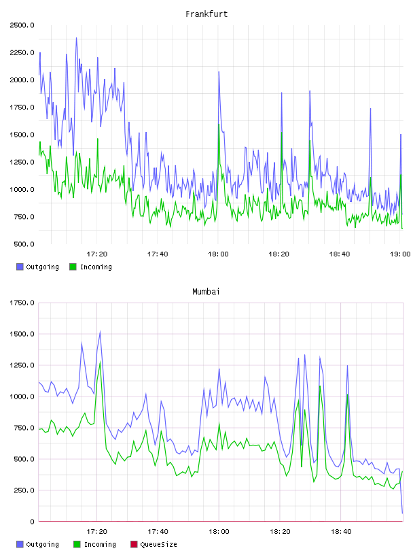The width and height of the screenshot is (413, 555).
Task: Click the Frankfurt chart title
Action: click(x=206, y=14)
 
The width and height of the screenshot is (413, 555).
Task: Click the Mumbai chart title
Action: click(x=206, y=291)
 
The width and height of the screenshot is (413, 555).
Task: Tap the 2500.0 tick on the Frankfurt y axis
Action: click(x=22, y=25)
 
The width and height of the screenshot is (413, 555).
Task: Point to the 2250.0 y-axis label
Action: click(x=22, y=52)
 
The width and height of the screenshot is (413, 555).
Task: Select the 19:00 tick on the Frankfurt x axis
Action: click(x=400, y=254)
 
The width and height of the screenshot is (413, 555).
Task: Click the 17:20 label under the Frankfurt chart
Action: click(x=97, y=254)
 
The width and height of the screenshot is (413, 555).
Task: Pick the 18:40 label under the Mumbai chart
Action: click(x=341, y=531)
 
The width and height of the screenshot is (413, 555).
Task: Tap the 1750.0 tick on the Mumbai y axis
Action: click(x=22, y=303)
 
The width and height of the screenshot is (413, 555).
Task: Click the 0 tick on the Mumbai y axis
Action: click(x=32, y=522)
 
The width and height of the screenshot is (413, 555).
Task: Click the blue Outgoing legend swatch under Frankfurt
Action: click(x=20, y=267)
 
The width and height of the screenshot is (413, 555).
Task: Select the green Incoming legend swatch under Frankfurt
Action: click(x=73, y=267)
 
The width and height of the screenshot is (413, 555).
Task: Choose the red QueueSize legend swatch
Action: click(x=134, y=544)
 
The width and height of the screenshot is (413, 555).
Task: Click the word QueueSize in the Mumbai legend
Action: click(x=158, y=544)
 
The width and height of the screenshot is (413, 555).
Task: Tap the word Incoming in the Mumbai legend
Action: click(x=100, y=544)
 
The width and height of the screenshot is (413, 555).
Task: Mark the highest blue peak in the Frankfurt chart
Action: click(x=76, y=38)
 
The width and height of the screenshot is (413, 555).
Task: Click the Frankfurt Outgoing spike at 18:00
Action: click(x=219, y=72)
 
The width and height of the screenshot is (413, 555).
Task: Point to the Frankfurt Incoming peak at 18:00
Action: click(x=219, y=124)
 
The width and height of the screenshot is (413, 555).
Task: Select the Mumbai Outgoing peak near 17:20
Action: click(x=100, y=332)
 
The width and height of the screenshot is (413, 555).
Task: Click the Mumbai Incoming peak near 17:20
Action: click(x=100, y=362)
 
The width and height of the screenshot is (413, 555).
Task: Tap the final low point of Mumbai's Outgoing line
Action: click(x=402, y=513)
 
